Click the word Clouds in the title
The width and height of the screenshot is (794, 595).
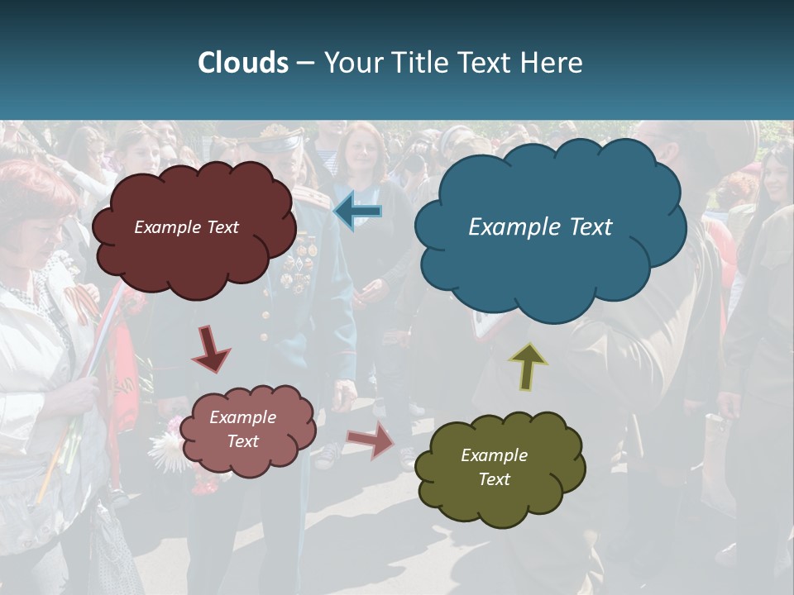tap(243, 63)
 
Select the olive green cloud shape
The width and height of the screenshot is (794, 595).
tap(500, 496)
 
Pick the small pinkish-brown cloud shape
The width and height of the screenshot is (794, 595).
tap(247, 459)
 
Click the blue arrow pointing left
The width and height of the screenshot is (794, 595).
tap(357, 212)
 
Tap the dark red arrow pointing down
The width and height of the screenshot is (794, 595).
tap(210, 350)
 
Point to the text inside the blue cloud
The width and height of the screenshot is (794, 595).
tap(540, 227)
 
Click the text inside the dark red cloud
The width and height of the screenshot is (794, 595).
tap(186, 227)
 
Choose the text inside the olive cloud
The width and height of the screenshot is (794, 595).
tap(494, 467)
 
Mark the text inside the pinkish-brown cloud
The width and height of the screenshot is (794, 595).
tap(242, 429)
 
